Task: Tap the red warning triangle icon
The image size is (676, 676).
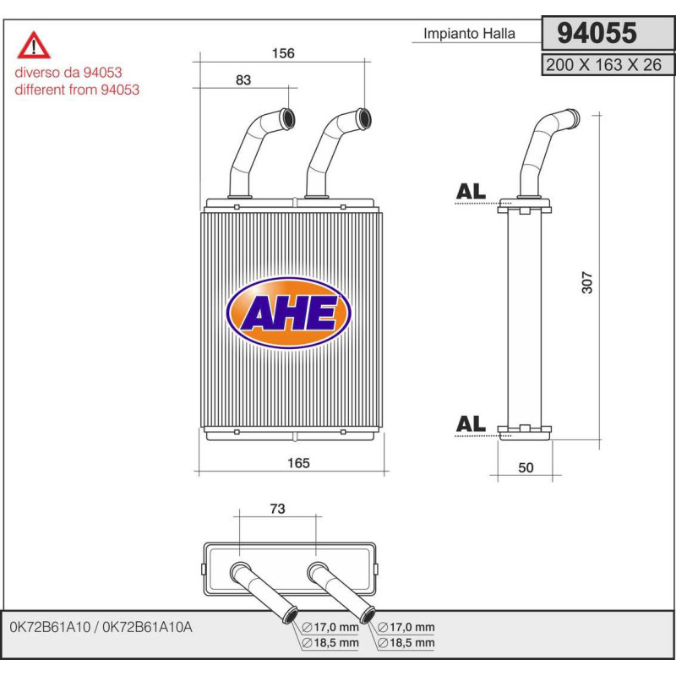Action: tap(35, 44)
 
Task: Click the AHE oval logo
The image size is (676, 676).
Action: tap(290, 313)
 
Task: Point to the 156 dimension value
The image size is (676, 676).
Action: tap(282, 53)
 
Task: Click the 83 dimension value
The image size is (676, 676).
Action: tap(243, 79)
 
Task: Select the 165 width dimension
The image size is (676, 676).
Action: tap(298, 462)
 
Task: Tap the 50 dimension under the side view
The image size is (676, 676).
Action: tap(526, 468)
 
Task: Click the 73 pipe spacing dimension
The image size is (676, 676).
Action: tap(277, 509)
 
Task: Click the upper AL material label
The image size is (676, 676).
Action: tap(471, 192)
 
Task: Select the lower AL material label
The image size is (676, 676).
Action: tap(471, 424)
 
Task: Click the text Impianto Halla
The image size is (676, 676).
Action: tap(468, 35)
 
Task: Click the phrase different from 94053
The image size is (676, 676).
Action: tap(77, 90)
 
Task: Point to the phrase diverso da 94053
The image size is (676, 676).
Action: tap(68, 74)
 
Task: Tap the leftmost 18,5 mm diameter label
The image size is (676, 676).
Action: tap(330, 643)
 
